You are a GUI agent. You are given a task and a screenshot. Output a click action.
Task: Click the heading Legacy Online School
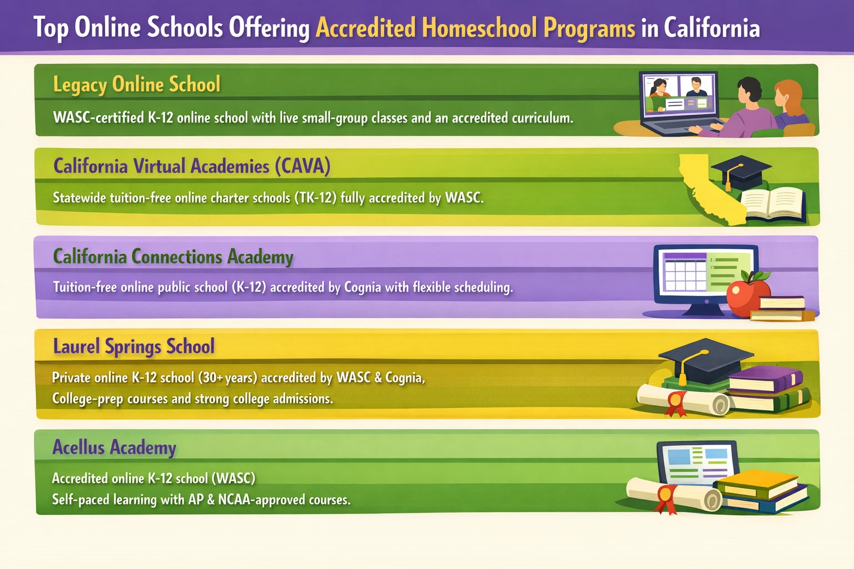pos(136,84)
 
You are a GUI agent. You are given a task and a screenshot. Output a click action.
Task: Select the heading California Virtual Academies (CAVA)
pos(192,166)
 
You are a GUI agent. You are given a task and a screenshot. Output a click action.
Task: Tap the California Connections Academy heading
pos(173,257)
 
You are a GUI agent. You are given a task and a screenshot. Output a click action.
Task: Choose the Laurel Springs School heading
pos(134,347)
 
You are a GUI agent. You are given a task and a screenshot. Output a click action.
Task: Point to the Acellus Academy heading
pos(115,447)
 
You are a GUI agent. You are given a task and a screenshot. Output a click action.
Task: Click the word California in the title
pos(712,28)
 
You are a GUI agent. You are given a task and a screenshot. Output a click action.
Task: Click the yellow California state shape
pos(709,191)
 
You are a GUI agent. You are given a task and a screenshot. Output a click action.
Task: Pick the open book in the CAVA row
pos(774,203)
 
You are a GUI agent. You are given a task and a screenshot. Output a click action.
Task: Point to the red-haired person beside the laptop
pos(791,105)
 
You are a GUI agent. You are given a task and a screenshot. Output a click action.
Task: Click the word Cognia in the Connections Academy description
pos(363,287)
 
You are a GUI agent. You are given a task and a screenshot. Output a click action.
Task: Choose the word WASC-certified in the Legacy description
pos(99,118)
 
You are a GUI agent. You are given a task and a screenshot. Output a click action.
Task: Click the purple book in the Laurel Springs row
pos(766,378)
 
